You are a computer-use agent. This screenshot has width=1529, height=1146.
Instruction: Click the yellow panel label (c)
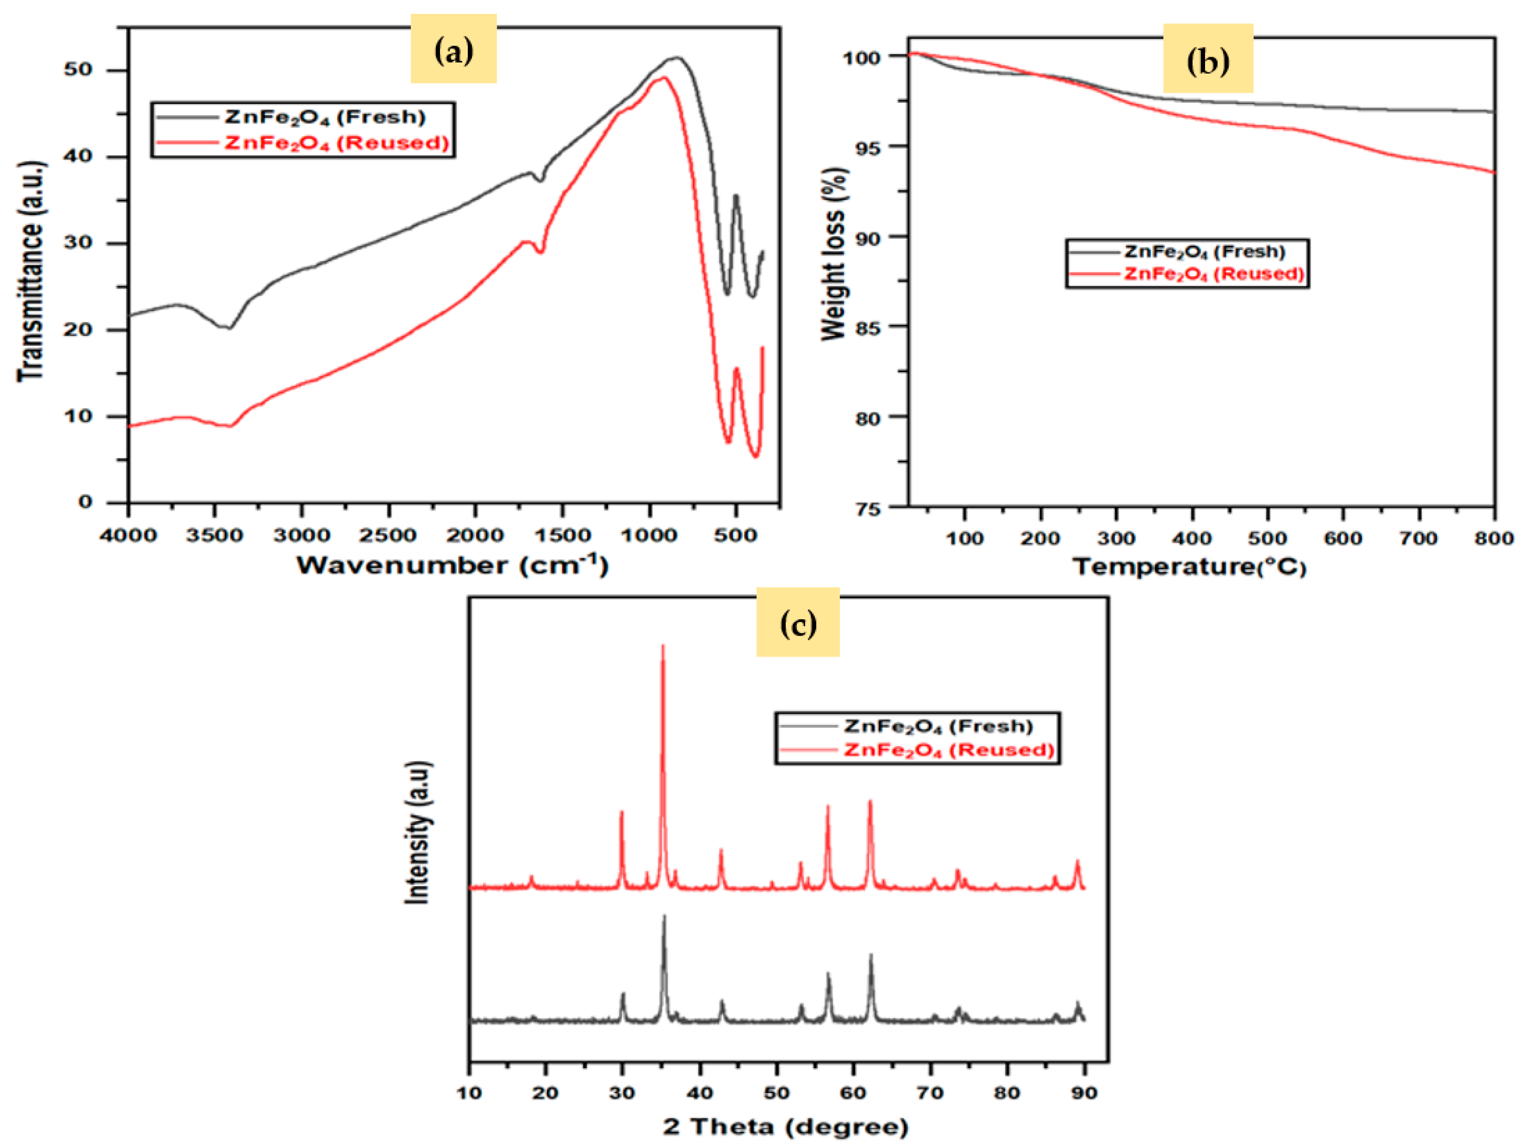[798, 622]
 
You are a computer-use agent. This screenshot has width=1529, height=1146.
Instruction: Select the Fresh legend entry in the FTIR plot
[325, 117]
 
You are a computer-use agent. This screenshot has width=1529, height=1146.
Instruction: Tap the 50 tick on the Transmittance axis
[78, 70]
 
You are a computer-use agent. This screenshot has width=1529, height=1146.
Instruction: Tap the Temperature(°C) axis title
[1189, 567]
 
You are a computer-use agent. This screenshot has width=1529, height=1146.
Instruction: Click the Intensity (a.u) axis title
[418, 832]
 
